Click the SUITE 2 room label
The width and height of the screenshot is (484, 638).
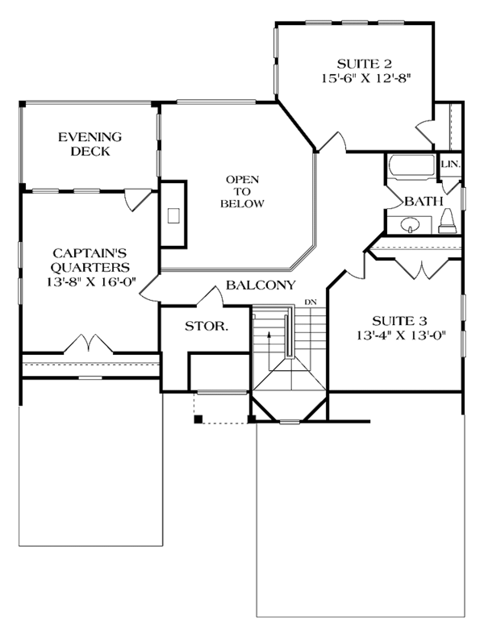(365, 64)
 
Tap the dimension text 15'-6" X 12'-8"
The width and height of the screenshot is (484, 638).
(365, 78)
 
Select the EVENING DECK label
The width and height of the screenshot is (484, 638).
(90, 144)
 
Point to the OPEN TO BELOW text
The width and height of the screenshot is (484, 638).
(243, 191)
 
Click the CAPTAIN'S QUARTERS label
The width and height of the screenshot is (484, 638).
(90, 261)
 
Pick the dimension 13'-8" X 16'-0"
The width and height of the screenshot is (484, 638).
(91, 281)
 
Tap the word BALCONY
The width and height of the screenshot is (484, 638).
(261, 285)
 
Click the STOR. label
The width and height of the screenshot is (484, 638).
(207, 326)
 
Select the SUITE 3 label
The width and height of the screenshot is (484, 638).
(399, 321)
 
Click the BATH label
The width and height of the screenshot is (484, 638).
(423, 201)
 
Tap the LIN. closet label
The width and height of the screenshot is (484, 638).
(451, 165)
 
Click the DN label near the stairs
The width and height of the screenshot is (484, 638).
(311, 302)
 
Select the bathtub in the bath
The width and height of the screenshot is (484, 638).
(411, 166)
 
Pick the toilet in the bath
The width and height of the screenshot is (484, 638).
(448, 221)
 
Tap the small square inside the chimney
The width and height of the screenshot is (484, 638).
(173, 215)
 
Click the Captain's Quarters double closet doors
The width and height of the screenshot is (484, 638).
(89, 343)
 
